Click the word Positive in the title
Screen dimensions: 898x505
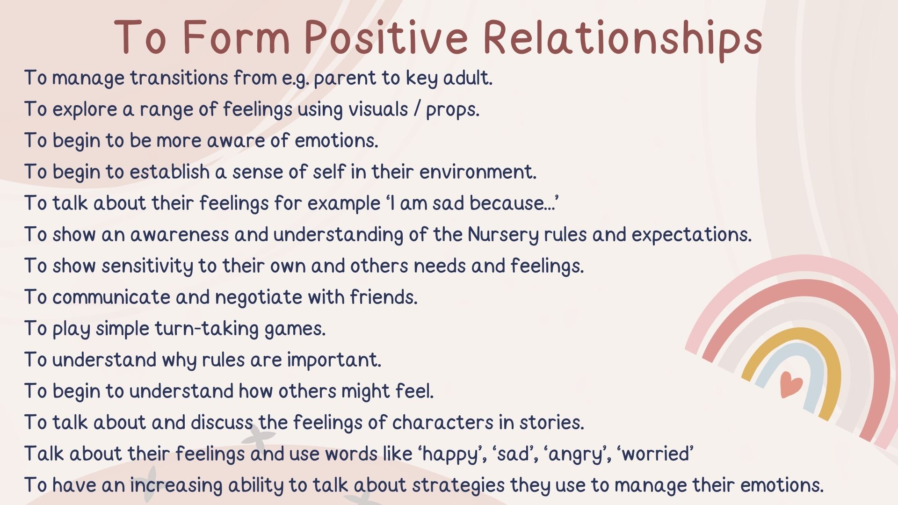click(386, 37)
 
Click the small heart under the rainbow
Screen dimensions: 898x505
click(791, 384)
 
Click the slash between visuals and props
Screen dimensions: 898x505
click(417, 109)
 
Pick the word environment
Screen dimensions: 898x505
click(478, 172)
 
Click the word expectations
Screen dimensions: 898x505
click(691, 235)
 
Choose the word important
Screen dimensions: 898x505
click(334, 360)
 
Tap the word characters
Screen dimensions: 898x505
click(443, 422)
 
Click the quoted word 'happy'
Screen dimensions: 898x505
click(452, 454)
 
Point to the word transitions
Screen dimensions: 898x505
click(179, 78)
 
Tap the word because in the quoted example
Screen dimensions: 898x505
click(513, 203)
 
